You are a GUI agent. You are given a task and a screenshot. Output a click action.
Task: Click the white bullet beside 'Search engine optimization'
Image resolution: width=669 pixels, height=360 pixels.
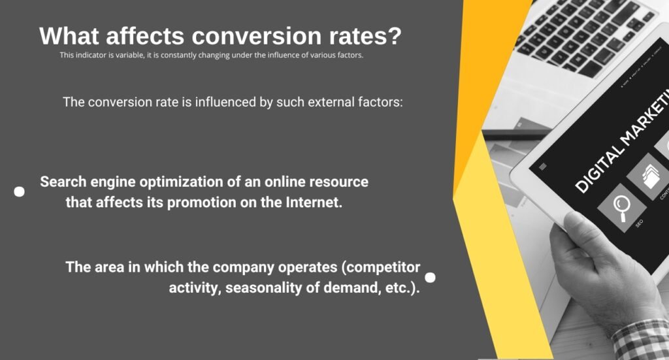pos(20,191)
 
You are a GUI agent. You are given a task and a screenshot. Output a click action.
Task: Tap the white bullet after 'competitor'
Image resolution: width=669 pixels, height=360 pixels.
pos(430,277)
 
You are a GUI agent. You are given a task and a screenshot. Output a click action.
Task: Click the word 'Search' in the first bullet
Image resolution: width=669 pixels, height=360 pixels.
pos(63,182)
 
